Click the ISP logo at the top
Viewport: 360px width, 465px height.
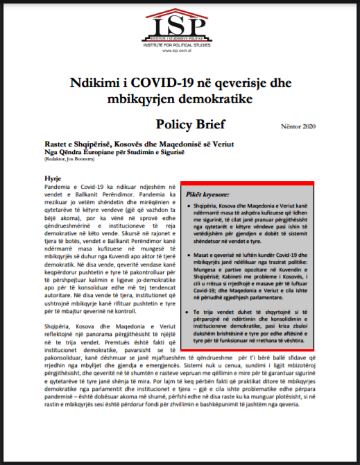(x=179, y=28)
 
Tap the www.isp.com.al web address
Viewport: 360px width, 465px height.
(x=179, y=51)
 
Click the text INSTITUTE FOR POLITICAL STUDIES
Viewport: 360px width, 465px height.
(x=179, y=45)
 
